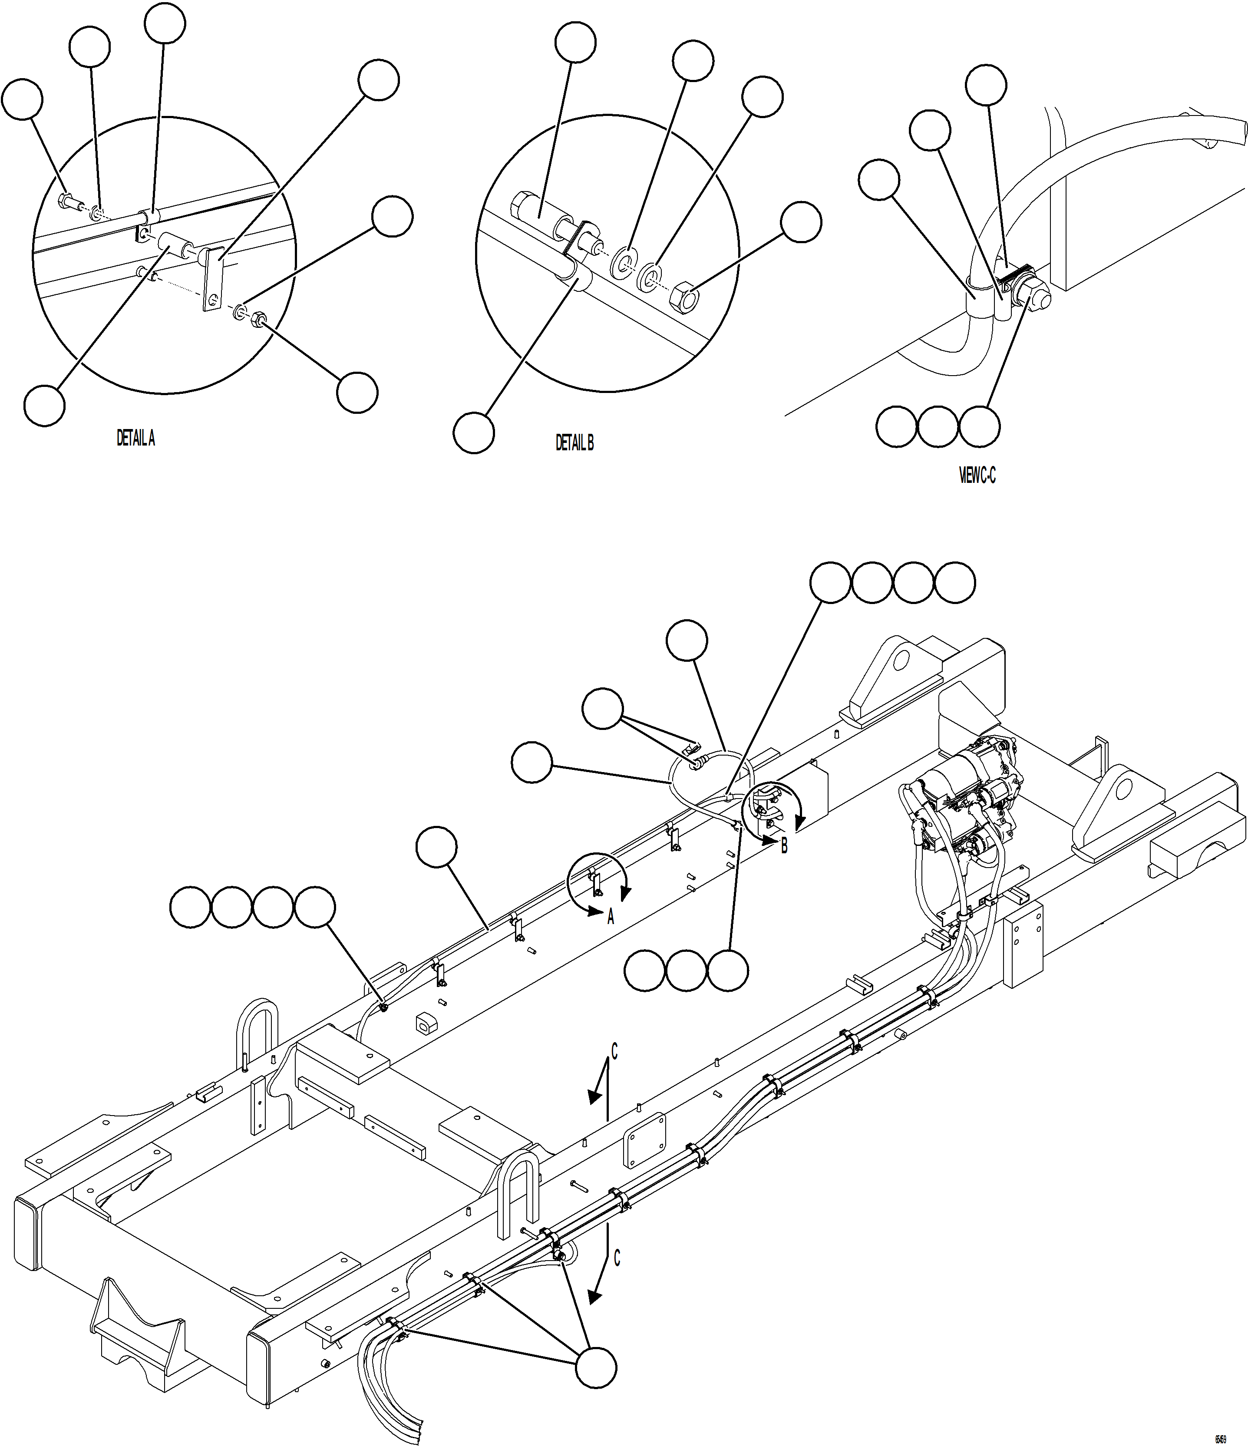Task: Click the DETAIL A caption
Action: (135, 438)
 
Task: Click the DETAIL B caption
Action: (574, 442)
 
